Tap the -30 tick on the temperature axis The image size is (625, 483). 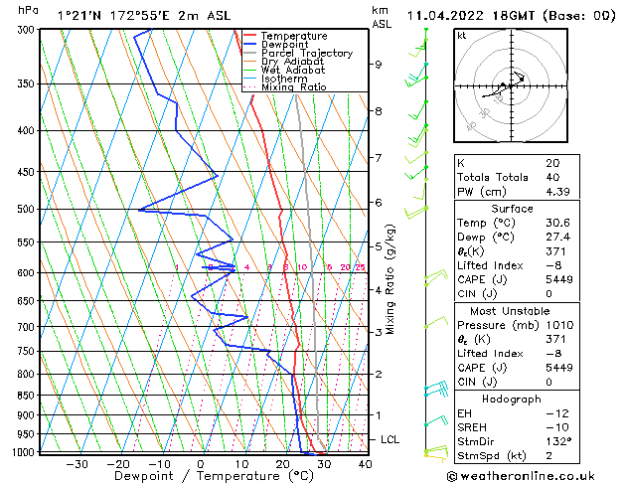pyautogui.click(x=77, y=463)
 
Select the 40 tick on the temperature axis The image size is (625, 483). pyautogui.click(x=365, y=463)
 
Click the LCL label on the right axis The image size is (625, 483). pyautogui.click(x=391, y=439)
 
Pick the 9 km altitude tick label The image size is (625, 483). pyautogui.click(x=379, y=65)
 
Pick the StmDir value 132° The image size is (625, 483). pyautogui.click(x=559, y=441)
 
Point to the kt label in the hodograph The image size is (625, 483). pyautogui.click(x=462, y=35)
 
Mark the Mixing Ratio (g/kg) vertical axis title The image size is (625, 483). pyautogui.click(x=391, y=279)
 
